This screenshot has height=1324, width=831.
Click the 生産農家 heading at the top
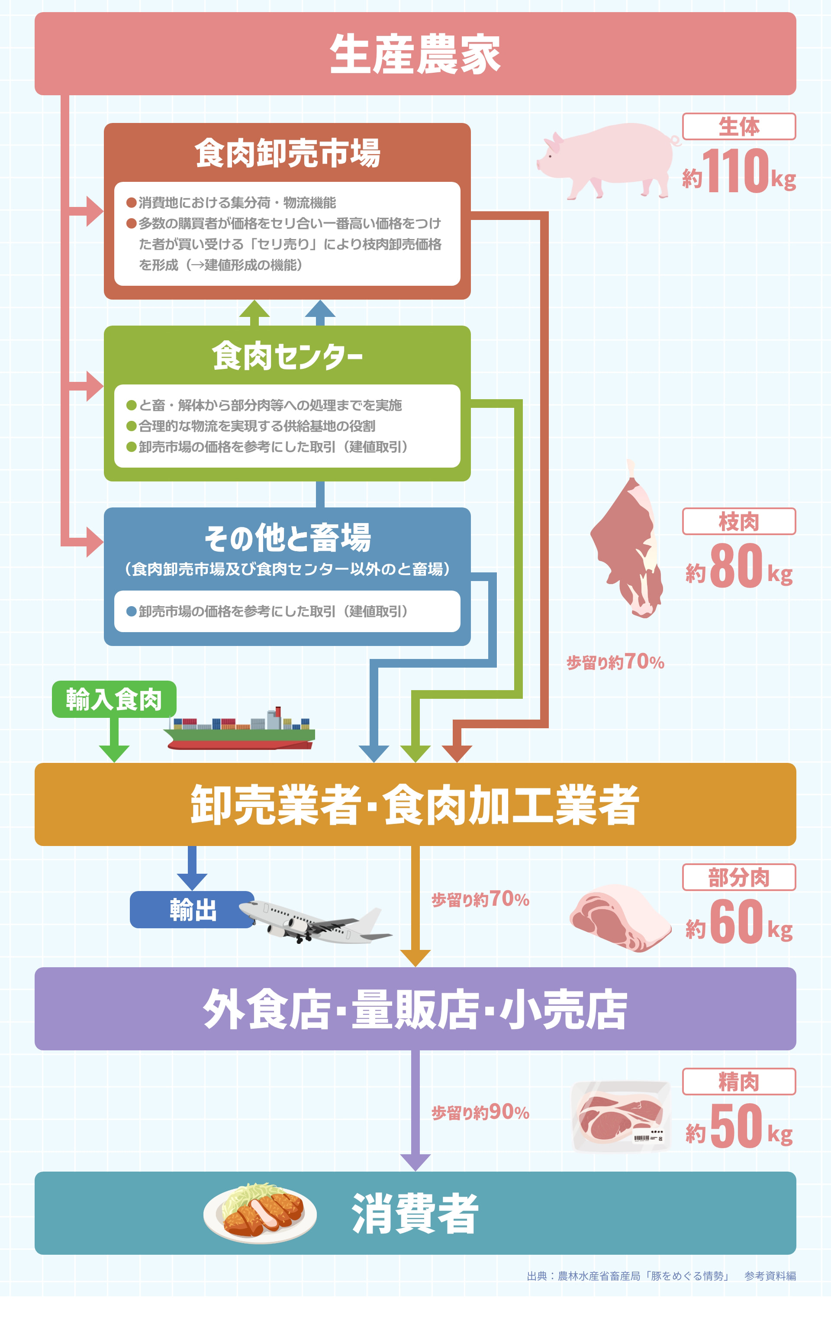pos(415,54)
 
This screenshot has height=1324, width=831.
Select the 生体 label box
pos(739,126)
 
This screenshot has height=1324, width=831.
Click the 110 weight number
pos(735,171)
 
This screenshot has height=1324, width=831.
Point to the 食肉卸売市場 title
pos(287,153)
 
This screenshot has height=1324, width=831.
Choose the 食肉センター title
pos(287,356)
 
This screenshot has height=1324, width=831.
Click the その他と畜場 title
pos(287,537)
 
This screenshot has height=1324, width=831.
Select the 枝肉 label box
pos(739,521)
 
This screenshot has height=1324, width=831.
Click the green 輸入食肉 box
pos(114,699)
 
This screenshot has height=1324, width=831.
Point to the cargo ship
pos(240,730)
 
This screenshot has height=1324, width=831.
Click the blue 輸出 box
pos(192,909)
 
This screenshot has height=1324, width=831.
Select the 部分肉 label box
pos(739,877)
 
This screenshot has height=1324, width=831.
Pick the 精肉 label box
pos(739,1082)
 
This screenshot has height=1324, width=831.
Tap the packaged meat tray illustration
pos(621,1116)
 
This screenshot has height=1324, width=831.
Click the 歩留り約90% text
pos(480,1112)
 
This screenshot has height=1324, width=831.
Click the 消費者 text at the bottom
pos(415,1214)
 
